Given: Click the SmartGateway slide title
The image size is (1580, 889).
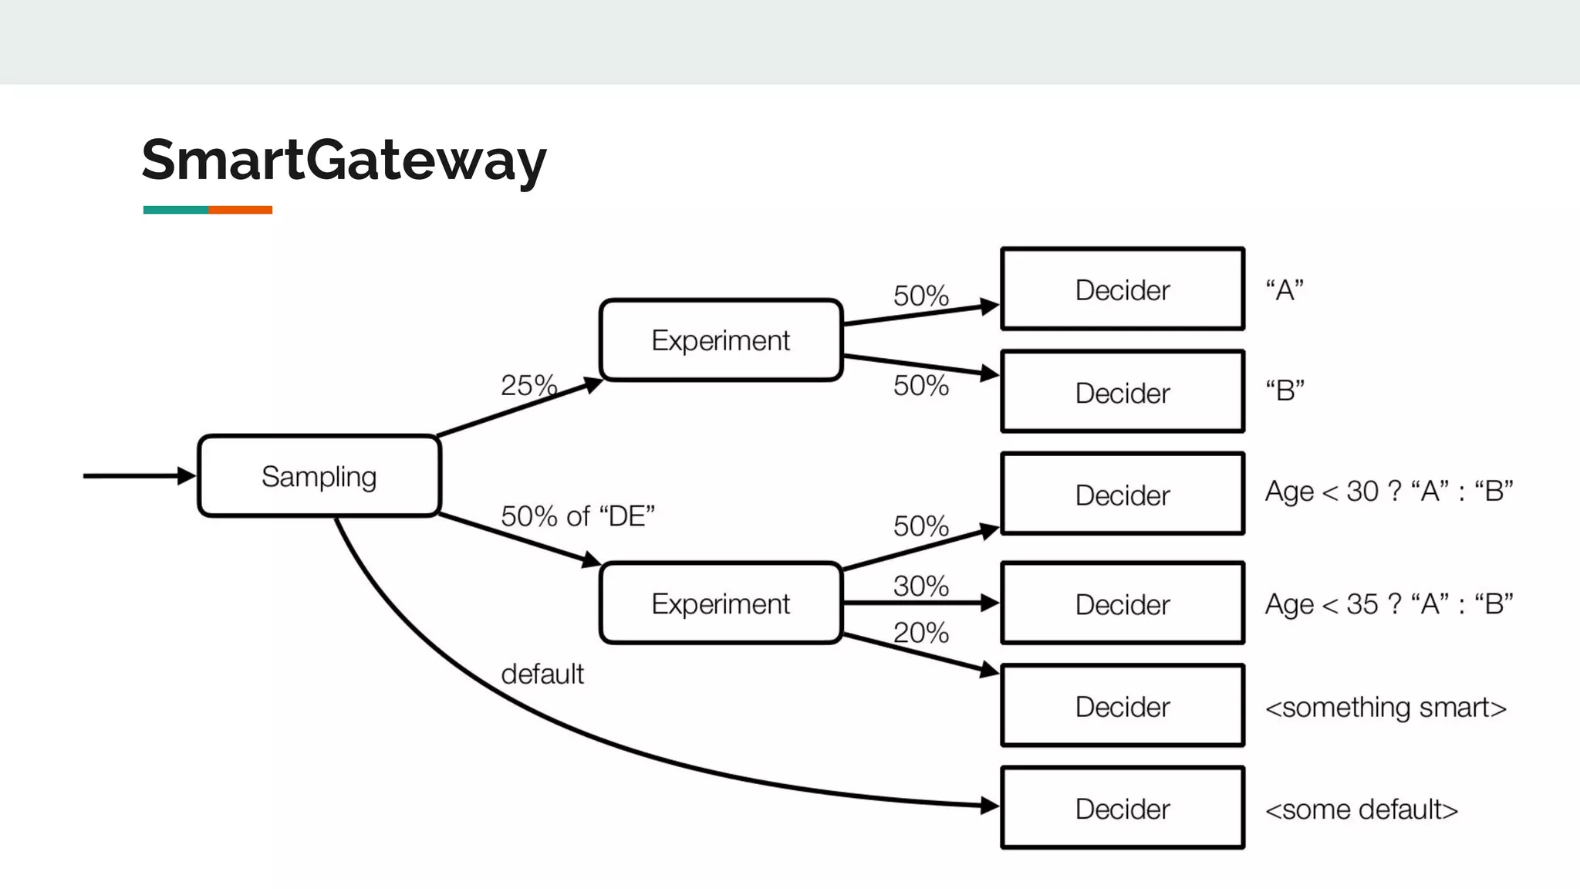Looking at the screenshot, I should [344, 160].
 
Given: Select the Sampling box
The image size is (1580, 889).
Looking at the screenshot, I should [319, 476].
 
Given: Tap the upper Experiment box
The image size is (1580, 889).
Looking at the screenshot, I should [721, 340].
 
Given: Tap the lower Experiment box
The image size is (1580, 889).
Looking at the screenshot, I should [721, 603].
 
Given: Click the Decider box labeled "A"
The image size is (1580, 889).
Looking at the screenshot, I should [1123, 289].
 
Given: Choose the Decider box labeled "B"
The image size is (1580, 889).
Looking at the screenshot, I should [1123, 392].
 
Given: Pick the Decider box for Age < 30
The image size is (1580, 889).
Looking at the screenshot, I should [1123, 494].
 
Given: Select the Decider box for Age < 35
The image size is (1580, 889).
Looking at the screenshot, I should [1123, 603].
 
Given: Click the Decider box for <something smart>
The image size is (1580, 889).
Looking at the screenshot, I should [1123, 706].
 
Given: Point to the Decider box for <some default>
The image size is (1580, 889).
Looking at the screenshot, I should [1123, 808].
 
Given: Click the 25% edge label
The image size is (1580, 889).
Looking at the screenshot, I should [528, 385].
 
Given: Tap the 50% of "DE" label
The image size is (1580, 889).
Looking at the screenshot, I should [578, 516].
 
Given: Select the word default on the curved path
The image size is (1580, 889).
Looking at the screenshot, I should [542, 674].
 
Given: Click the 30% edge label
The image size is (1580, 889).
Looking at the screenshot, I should [920, 586].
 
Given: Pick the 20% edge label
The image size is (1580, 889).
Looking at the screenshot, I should [920, 633].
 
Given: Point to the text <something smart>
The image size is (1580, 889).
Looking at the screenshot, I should [1386, 707].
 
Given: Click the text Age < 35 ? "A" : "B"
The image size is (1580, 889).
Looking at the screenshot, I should [1389, 603].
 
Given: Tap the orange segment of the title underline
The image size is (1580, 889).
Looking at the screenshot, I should [240, 210].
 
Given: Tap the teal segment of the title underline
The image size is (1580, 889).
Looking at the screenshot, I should [175, 210].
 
